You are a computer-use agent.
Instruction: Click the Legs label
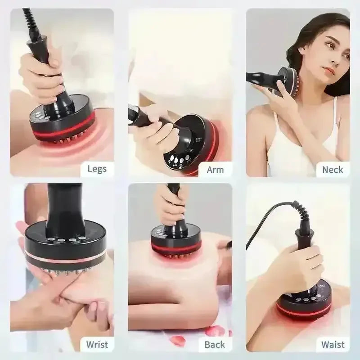[x=97, y=169]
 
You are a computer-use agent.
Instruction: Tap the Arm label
[x=215, y=170]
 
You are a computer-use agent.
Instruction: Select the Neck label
[x=333, y=170]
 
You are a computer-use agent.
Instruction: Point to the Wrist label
[x=97, y=344]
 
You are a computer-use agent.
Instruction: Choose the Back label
[x=215, y=344]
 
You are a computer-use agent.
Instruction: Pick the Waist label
[x=333, y=344]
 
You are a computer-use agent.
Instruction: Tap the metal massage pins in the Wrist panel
[x=67, y=273]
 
